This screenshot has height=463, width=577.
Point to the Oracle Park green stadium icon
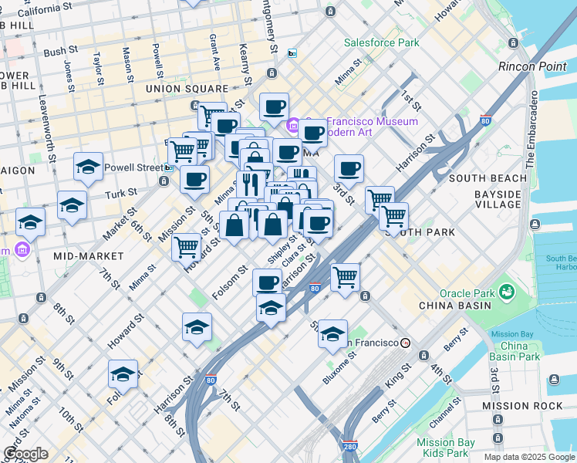tap(507, 292)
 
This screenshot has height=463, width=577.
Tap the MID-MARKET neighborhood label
tap(89, 255)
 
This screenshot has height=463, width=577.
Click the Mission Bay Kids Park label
tap(444, 448)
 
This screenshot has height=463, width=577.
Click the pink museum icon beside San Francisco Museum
tap(293, 126)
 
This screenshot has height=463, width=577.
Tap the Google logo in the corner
tap(25, 455)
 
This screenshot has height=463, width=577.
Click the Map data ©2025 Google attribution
tap(528, 457)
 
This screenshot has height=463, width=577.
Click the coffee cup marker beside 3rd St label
tap(349, 168)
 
